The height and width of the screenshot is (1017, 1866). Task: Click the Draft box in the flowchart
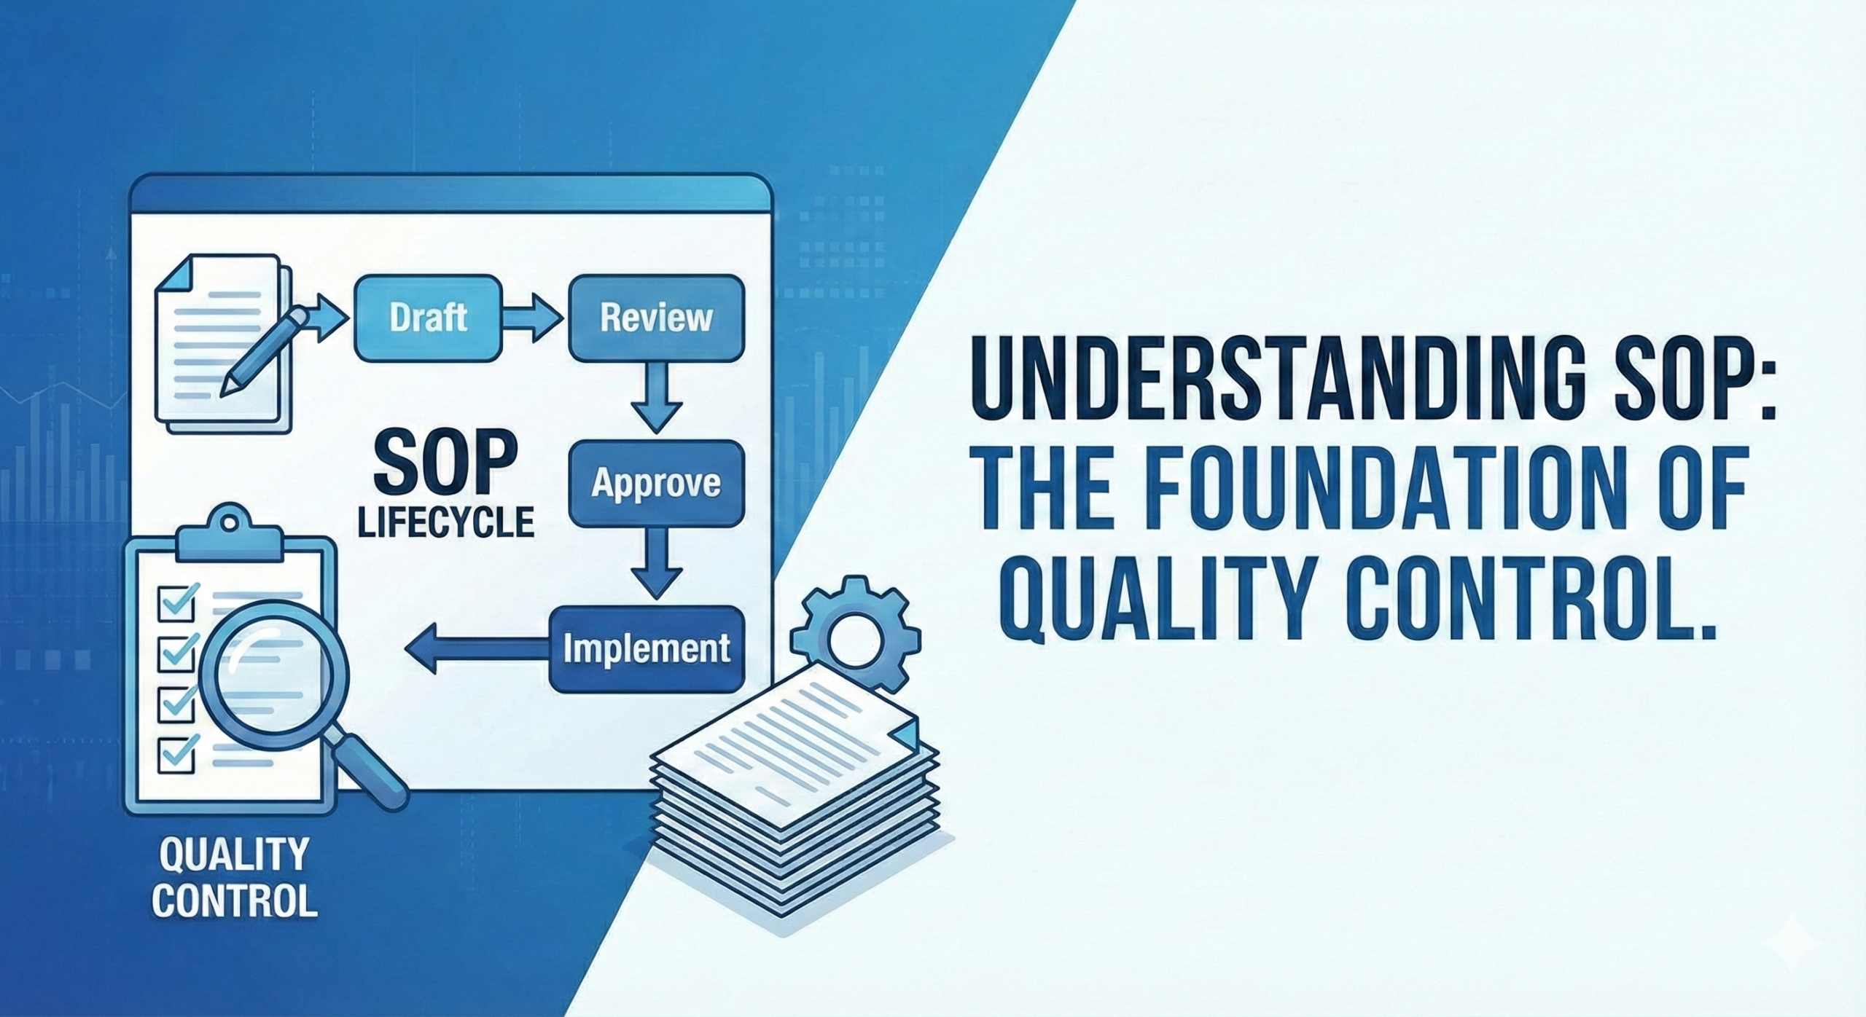tap(428, 318)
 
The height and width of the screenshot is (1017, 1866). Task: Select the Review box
tap(656, 318)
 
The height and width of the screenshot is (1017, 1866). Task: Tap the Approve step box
tap(656, 484)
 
